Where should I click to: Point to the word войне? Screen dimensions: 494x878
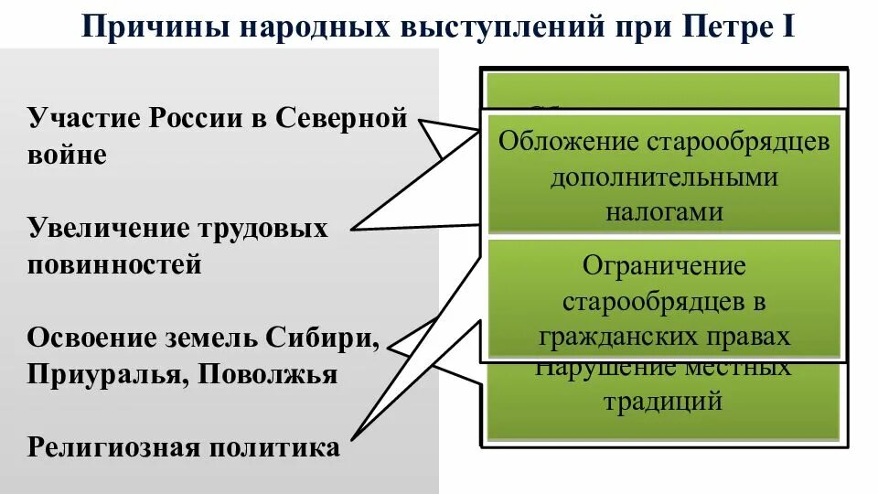[67, 155]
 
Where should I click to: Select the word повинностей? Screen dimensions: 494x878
[114, 265]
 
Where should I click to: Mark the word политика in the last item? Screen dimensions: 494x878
[276, 447]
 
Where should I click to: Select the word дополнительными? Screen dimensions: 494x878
[664, 177]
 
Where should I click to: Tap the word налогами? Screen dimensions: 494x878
[664, 211]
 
